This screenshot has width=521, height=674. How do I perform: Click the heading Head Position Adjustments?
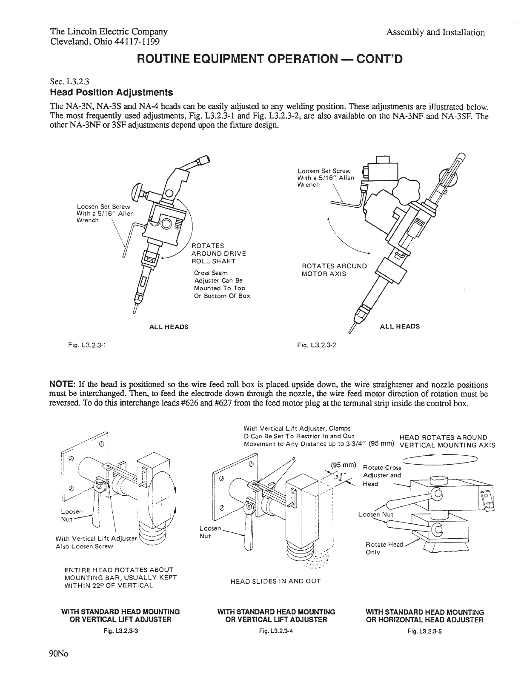(112, 92)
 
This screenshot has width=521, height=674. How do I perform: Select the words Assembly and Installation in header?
(435, 33)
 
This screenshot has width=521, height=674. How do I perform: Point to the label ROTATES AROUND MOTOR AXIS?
(334, 270)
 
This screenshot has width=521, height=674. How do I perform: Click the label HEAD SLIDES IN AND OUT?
(275, 581)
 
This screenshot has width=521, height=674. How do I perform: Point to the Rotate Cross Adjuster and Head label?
(382, 475)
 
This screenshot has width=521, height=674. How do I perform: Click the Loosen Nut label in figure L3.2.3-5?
(375, 514)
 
